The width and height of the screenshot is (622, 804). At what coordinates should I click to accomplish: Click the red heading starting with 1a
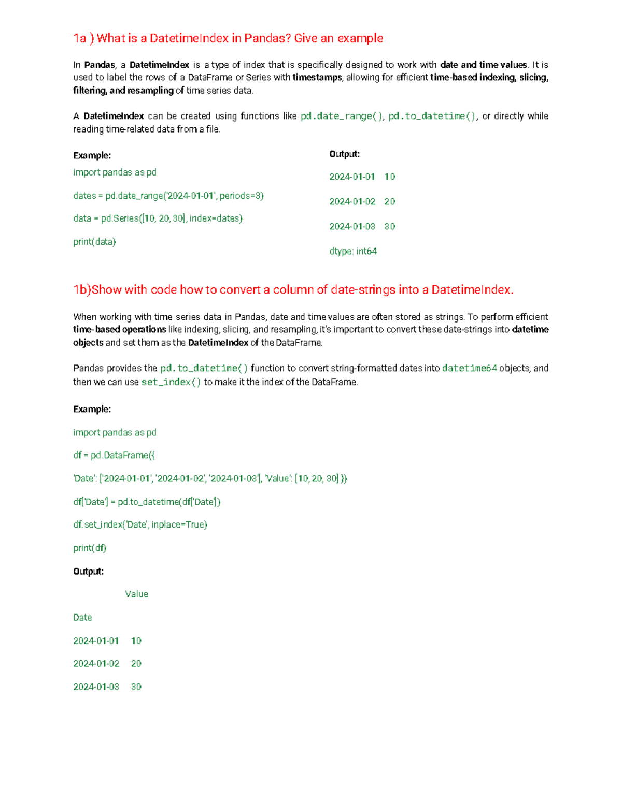point(228,38)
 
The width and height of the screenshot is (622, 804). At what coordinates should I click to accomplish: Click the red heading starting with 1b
point(293,290)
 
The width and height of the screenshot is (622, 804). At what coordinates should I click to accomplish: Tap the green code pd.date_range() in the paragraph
point(342,116)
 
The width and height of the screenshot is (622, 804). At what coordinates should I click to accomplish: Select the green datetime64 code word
point(469,368)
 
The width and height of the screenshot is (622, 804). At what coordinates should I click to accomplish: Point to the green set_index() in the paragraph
point(171,382)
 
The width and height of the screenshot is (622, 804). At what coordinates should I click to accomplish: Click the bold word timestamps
point(317,78)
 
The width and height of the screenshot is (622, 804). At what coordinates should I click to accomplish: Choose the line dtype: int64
point(353,251)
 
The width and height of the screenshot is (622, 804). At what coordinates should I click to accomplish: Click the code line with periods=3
point(168,196)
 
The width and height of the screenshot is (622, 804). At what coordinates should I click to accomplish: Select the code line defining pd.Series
point(158,218)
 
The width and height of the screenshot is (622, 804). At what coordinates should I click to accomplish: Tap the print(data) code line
point(94,242)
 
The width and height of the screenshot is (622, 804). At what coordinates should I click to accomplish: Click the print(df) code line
point(90,548)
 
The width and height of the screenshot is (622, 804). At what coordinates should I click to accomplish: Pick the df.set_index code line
point(140,524)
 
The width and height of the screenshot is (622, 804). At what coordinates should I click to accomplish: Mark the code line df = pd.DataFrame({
point(114,455)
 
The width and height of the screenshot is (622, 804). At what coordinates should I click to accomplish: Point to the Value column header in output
point(136,594)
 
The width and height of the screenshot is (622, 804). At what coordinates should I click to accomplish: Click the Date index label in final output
point(82,617)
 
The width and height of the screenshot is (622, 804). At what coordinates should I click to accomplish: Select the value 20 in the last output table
point(136,663)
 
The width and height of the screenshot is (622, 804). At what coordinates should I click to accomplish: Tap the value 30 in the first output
point(390,226)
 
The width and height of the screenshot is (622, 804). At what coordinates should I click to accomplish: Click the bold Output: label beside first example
point(344,154)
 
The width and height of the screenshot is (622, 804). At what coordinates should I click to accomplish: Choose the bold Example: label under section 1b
point(92,409)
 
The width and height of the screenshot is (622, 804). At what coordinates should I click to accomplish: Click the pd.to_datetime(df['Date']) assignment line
point(147,502)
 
